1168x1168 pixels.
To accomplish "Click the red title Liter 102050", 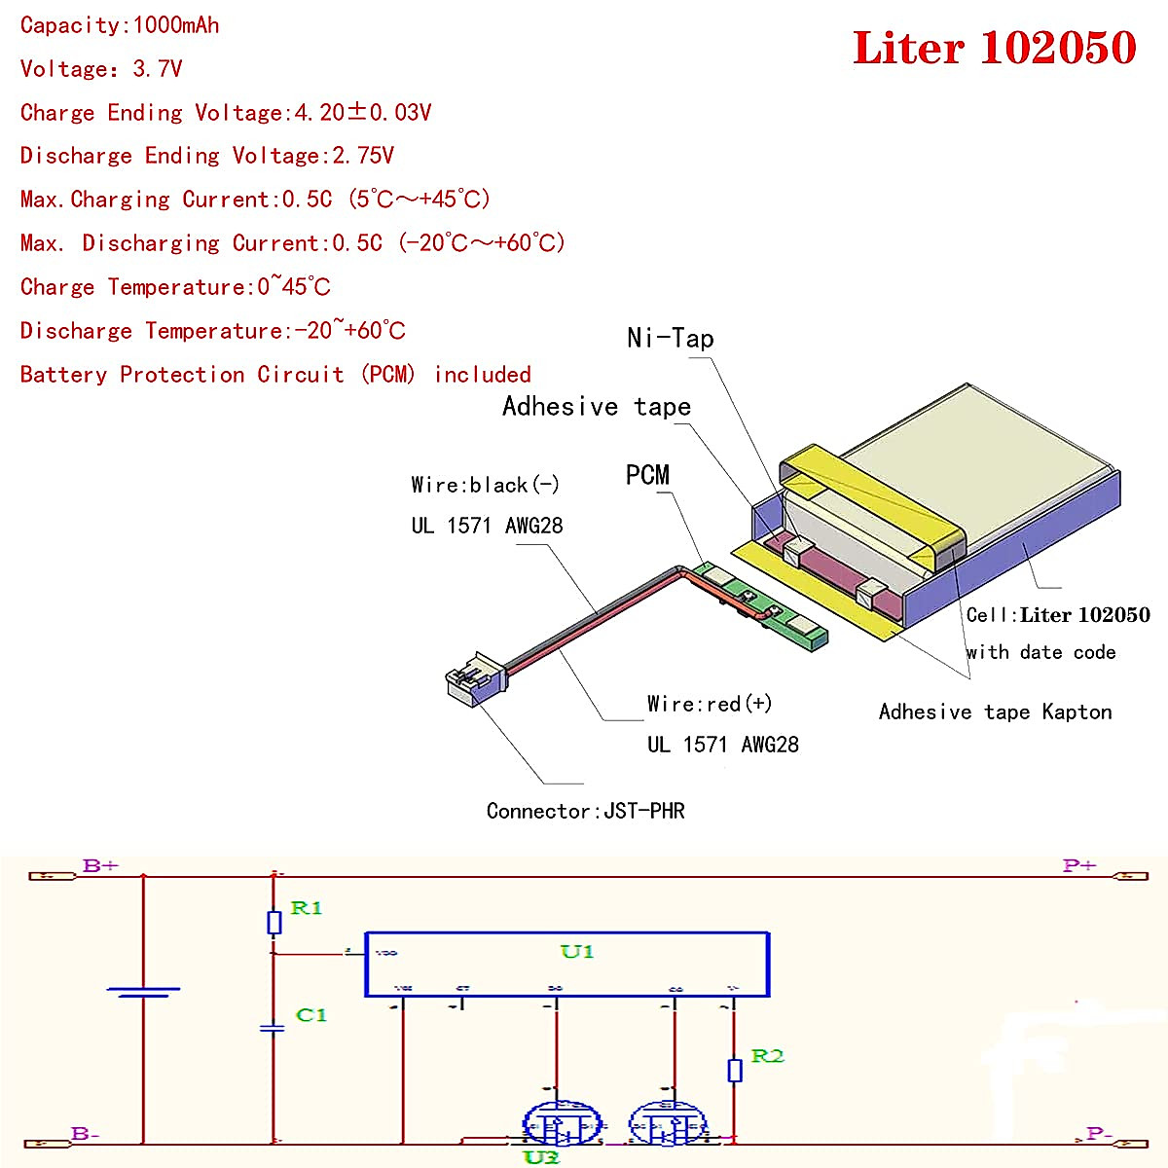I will (x=994, y=48).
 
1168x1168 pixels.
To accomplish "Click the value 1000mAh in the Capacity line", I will (x=176, y=25).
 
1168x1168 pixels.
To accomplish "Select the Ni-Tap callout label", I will (x=670, y=338).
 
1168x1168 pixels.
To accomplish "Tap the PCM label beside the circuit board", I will (x=647, y=475).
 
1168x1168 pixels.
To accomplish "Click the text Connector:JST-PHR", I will (x=585, y=811).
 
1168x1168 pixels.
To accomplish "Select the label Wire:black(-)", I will (x=485, y=485).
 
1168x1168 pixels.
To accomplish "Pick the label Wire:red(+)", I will (x=709, y=704).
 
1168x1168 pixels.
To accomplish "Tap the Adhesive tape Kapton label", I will (x=995, y=712).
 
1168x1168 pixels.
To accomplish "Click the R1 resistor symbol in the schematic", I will (x=274, y=922).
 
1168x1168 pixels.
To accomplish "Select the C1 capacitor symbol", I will (x=274, y=1028).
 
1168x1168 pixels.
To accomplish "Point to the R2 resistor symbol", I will (x=735, y=1070).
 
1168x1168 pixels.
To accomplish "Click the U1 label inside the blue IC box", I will (x=576, y=951).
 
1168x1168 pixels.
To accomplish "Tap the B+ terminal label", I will (x=100, y=865).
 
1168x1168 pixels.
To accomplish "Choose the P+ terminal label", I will (x=1079, y=865).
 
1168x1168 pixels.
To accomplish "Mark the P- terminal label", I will (x=1099, y=1133).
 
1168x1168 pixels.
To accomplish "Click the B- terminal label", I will (x=86, y=1133).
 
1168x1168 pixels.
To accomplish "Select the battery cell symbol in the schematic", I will (x=143, y=992).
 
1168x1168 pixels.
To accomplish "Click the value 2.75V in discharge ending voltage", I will (x=363, y=156).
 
